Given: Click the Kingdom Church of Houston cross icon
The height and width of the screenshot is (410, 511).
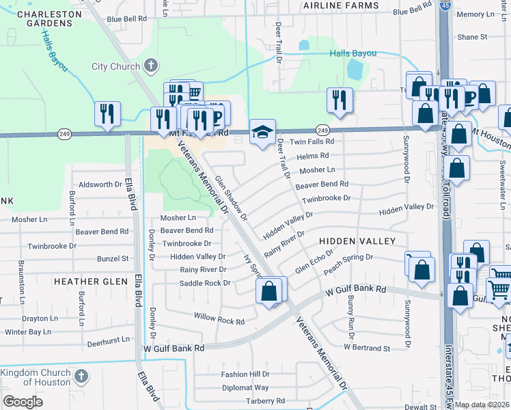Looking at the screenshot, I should tap(81, 376).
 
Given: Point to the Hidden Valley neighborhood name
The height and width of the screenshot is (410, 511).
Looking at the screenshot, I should tap(357, 241).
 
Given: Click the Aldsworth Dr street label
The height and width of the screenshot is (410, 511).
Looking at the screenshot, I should tap(100, 184).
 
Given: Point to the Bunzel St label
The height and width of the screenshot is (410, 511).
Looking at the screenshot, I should tap(113, 259).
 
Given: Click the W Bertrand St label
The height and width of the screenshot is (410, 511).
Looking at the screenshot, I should tap(367, 348).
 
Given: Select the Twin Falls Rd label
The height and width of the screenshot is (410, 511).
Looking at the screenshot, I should tap(312, 142).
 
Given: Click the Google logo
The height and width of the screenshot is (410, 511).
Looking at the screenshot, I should tap(23, 402).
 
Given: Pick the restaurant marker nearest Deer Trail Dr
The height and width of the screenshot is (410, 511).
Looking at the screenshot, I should tap(339, 100).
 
